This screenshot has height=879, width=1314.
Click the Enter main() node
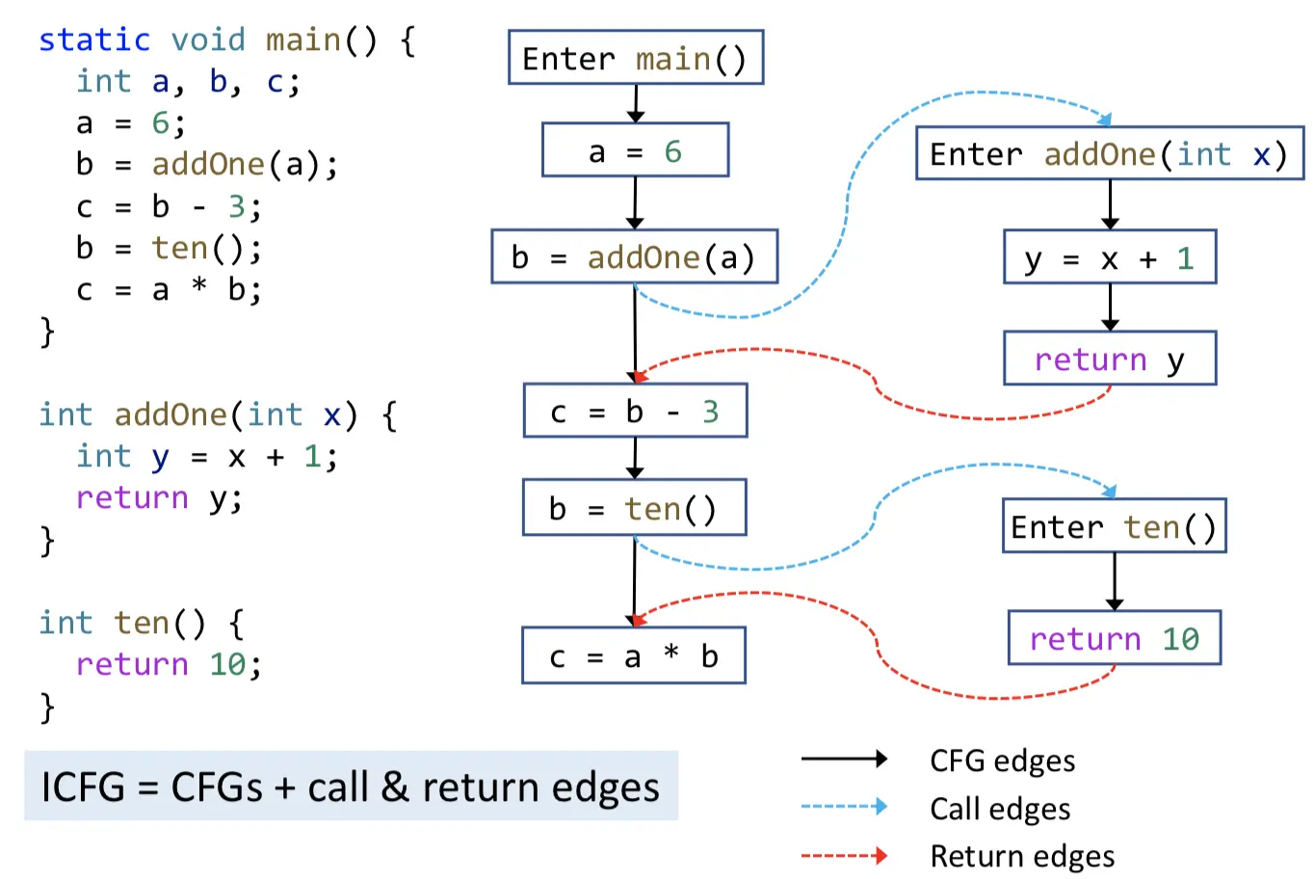click(636, 58)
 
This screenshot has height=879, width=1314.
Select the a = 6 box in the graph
click(635, 150)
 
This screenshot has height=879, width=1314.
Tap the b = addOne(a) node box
click(634, 256)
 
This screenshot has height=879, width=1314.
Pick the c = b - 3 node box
click(635, 412)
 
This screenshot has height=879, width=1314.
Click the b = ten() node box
click(634, 508)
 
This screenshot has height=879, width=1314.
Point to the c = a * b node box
click(633, 656)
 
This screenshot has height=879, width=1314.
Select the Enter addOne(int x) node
click(1109, 154)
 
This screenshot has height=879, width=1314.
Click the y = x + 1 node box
click(1110, 257)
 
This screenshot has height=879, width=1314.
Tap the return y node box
click(1110, 359)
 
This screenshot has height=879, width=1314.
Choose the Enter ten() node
click(1114, 526)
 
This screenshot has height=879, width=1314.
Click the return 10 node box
click(1114, 638)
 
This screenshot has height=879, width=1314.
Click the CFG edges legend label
click(1002, 760)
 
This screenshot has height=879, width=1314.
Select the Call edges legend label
click(999, 809)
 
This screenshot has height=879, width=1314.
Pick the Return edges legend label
click(1021, 856)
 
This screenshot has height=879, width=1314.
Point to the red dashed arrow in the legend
click(844, 855)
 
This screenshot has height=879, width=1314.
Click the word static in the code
click(94, 40)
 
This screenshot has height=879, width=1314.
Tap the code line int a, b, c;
click(188, 81)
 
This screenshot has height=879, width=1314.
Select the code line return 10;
click(169, 664)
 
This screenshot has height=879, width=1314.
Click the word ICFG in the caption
click(83, 787)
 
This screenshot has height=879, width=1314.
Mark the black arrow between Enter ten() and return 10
click(1115, 581)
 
